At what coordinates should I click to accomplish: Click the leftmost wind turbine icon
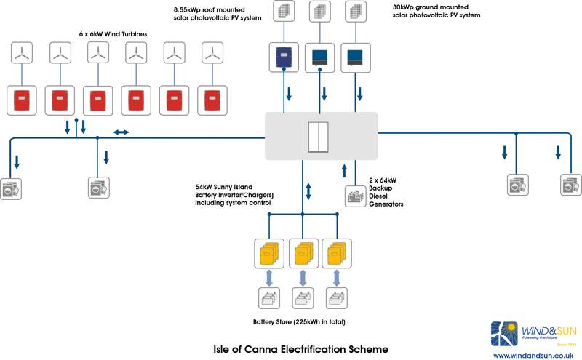[x=23, y=53]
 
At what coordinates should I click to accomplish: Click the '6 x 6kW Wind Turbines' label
[x=119, y=34]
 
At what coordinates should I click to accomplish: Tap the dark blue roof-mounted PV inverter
[x=282, y=56]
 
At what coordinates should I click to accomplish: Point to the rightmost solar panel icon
[x=356, y=12]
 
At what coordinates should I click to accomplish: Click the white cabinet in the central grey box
[x=319, y=137]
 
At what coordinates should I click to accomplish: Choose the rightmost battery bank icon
[x=336, y=299]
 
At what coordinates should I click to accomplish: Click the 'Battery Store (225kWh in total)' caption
[x=298, y=321]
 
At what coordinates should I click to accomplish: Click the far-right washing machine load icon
[x=570, y=185]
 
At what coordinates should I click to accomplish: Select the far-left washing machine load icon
[x=12, y=188]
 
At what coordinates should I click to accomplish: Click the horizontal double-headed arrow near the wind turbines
[x=121, y=132]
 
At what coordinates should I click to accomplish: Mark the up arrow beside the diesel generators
[x=346, y=171]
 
